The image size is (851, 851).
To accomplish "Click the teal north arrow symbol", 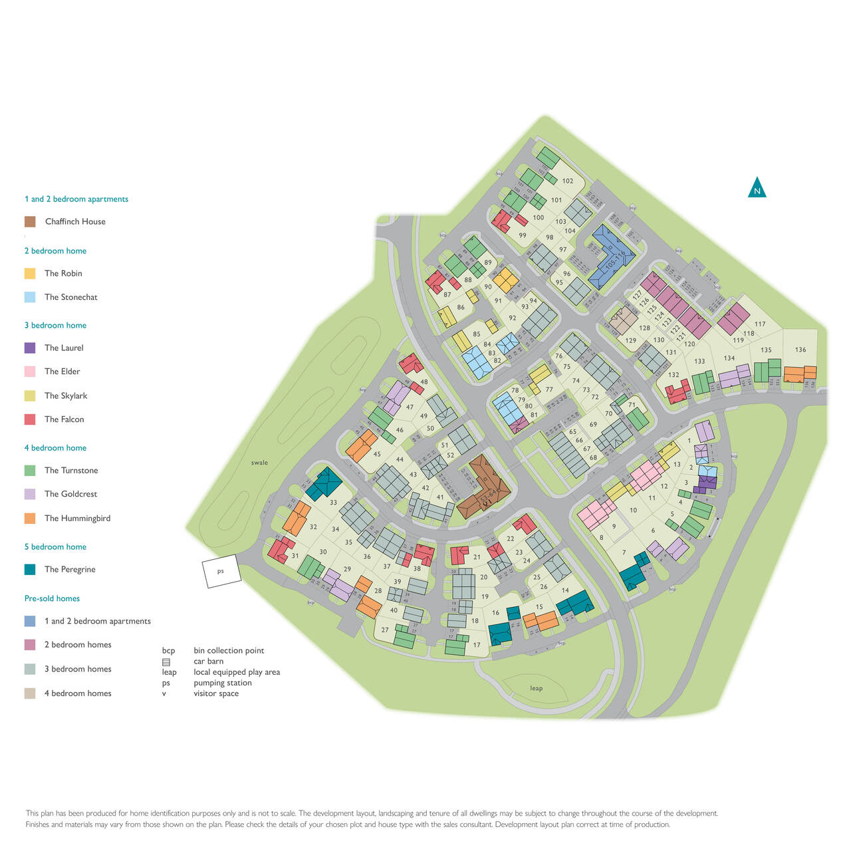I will (x=757, y=188).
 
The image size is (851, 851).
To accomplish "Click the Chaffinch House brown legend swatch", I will (x=30, y=221).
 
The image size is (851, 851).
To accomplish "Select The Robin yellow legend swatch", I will (x=30, y=273).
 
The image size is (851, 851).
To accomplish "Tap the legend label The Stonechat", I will (x=70, y=297).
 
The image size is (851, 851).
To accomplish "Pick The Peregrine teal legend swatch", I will (x=30, y=569).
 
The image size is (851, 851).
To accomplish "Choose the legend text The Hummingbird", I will (x=77, y=518).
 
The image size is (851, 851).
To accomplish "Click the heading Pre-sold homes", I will (x=52, y=598).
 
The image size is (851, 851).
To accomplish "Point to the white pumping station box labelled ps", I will (x=221, y=571).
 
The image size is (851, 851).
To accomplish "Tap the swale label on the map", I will (x=259, y=463).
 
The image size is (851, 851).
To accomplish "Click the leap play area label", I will (x=536, y=688).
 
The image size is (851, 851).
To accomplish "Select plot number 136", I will (x=800, y=350).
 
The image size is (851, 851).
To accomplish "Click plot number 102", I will (x=567, y=181).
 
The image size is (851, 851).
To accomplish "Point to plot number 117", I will (x=760, y=324).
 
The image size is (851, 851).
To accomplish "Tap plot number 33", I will (x=333, y=503).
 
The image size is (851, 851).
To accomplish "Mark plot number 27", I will (x=385, y=630).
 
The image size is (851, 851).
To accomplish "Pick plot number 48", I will (x=424, y=382).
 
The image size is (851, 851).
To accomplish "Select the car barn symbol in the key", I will (x=166, y=662).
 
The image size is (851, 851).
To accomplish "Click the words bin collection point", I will (x=229, y=650).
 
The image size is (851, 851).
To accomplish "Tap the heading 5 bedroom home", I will (x=55, y=547).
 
